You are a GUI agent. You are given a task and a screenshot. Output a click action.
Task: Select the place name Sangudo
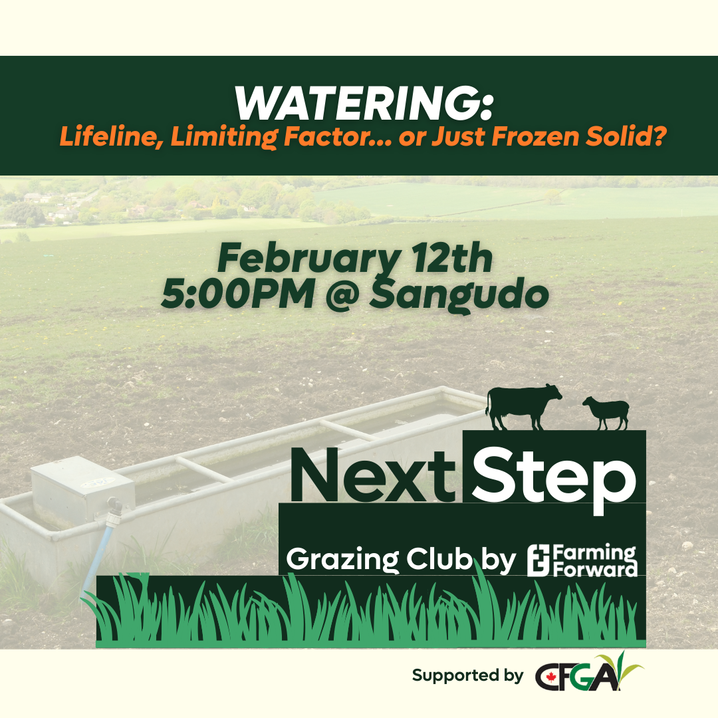[454, 295]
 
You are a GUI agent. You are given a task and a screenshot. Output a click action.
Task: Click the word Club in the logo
[440, 560]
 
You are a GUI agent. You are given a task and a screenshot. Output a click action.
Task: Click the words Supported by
[467, 676]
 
